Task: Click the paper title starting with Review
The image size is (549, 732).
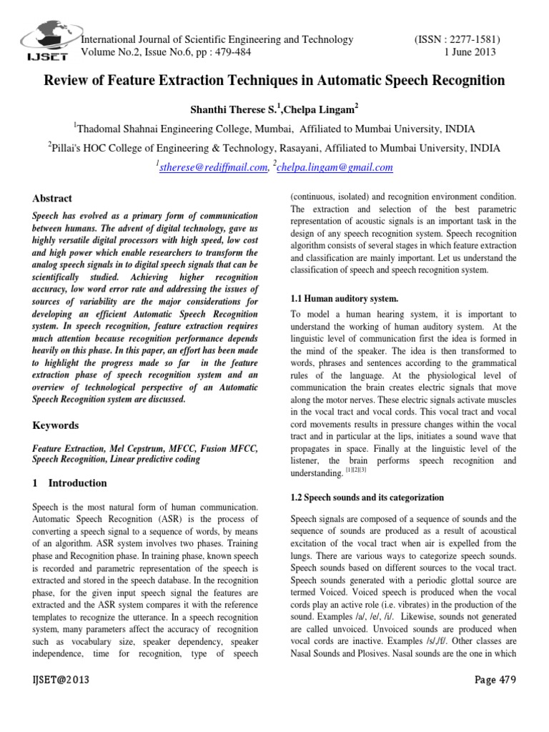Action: tap(274, 81)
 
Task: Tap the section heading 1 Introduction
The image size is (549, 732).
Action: tap(71, 483)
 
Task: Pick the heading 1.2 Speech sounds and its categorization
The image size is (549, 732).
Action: tap(367, 497)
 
